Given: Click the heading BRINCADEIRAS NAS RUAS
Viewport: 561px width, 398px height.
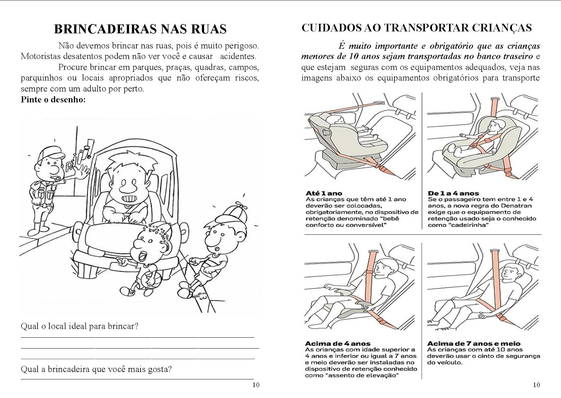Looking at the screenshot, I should tap(140, 29).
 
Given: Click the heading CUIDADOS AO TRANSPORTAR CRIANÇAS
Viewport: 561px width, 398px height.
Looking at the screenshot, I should tap(417, 28).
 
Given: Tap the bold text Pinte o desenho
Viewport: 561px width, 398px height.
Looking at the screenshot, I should tap(53, 100).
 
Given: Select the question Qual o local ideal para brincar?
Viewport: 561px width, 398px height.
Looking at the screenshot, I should tap(80, 326).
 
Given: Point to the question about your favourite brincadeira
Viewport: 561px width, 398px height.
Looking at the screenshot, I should tap(96, 369).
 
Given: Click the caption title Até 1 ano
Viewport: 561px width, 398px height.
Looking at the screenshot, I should tap(324, 193).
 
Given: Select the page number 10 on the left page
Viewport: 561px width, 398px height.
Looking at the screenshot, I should tap(256, 385).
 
